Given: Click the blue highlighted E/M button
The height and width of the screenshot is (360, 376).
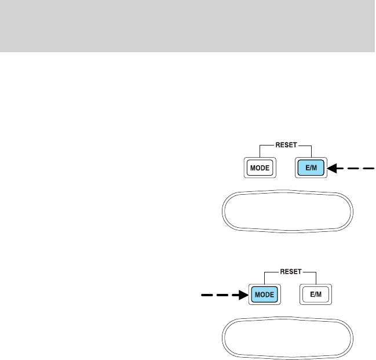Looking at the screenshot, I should click(312, 169).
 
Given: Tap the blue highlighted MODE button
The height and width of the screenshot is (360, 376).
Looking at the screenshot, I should click(265, 294).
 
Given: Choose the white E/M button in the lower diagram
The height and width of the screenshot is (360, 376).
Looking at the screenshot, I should click(316, 294).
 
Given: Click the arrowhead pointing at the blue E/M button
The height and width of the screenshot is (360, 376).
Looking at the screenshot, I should click(333, 169).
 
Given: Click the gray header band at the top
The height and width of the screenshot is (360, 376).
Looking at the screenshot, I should click(188, 26).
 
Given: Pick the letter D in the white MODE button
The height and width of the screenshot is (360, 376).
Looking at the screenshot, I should click(263, 169).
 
